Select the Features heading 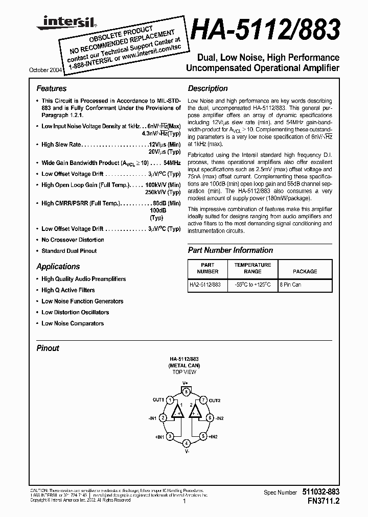(52, 88)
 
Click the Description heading (208, 88)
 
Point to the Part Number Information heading (231, 250)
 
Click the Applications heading (58, 267)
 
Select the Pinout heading (48, 348)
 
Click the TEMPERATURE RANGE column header (252, 268)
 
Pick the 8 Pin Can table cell (290, 285)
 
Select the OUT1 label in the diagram (157, 400)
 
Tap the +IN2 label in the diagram (212, 437)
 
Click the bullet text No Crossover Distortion (73, 240)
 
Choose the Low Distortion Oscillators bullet (75, 312)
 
